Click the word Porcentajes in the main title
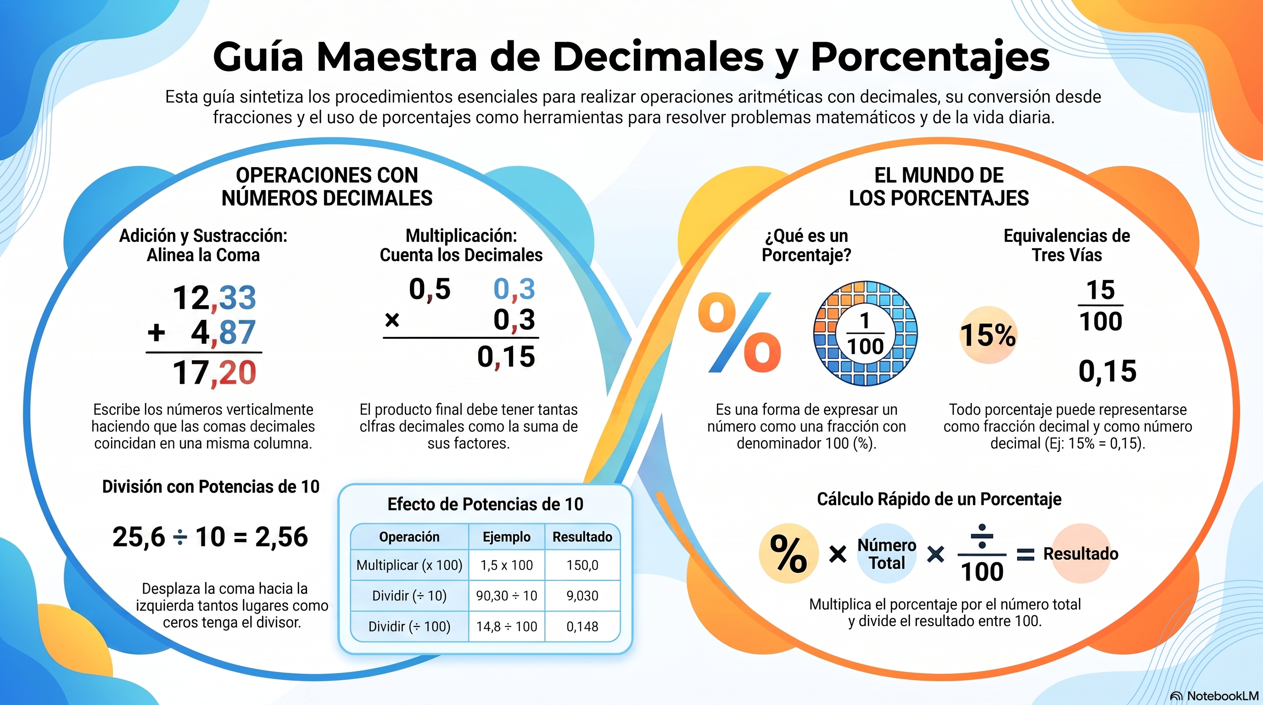pos(930,58)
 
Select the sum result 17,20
pos(214,373)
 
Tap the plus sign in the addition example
pos(156,332)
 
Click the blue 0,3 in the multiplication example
pos(514,289)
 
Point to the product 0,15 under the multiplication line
pos(506,357)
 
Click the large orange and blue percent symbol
pos(740,332)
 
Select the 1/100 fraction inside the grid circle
pos(866,334)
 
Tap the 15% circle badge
pos(988,335)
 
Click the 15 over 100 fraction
pos(1101,305)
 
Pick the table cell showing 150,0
pos(582,565)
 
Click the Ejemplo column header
pos(507,537)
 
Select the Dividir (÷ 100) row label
pos(409,627)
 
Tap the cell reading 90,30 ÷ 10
pos(507,596)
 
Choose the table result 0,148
pos(582,627)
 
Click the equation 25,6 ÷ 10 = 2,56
pos(210,537)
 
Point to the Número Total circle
pos(887,554)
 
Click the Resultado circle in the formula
pos(1081,554)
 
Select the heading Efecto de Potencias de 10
pos(486,504)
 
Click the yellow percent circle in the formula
pos(789,554)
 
